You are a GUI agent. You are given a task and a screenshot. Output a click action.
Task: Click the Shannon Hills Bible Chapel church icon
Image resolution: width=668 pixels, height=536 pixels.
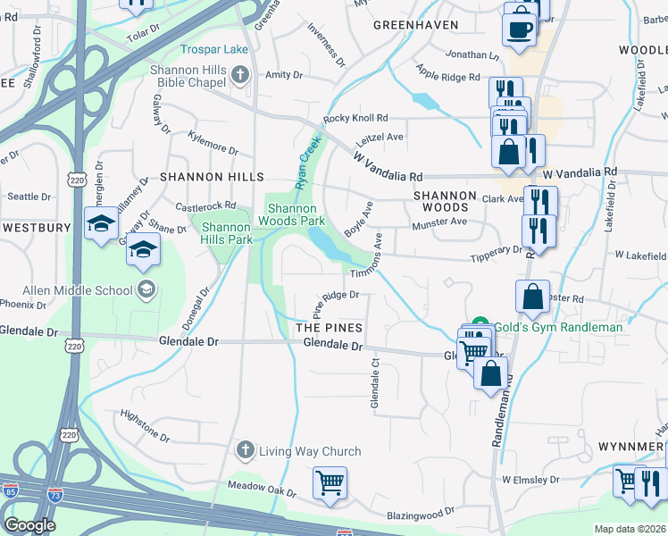pos(239,76)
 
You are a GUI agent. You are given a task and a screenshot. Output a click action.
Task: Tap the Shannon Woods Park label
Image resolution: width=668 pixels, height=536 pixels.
pos(291,214)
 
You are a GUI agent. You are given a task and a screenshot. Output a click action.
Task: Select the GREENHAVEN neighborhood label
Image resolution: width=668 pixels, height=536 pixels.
pos(416,25)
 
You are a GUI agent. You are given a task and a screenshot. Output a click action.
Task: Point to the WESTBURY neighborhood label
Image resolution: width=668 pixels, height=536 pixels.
pos(36,228)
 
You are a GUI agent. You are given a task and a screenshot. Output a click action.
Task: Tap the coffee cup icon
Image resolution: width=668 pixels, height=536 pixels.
pos(520,29)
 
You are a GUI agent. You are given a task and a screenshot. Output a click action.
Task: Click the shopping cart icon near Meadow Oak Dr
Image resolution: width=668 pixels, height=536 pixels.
pos(330,482)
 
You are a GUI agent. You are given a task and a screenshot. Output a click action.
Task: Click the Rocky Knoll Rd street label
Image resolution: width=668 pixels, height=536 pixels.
pos(355,118)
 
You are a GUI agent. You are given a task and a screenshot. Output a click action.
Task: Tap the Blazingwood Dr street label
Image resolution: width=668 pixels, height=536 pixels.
pos(420,515)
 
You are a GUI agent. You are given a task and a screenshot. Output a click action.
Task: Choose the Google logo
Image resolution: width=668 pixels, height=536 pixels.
pos(29,525)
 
